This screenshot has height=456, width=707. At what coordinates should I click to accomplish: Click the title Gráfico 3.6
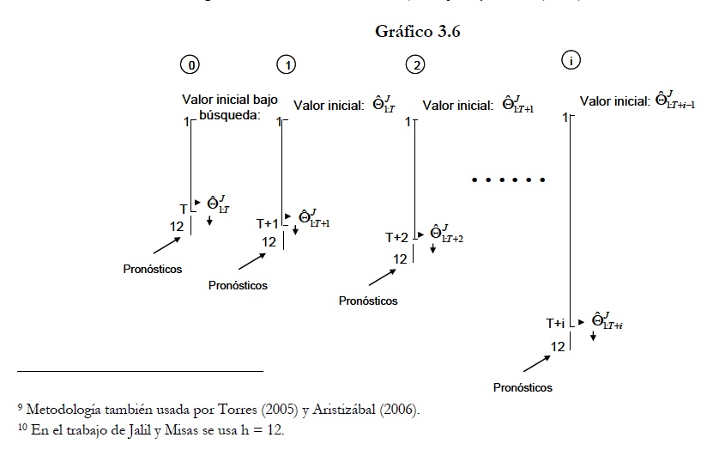coord(420,32)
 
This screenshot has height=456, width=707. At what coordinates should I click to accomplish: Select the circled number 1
coord(286,64)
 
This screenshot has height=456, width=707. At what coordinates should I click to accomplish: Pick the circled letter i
coord(571,60)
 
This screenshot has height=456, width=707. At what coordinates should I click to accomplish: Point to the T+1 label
coord(268,223)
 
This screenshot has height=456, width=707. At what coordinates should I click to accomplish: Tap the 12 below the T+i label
coord(558,346)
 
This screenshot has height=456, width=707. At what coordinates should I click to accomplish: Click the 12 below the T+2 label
coord(400,258)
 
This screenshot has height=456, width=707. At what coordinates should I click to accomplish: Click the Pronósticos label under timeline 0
coord(154,269)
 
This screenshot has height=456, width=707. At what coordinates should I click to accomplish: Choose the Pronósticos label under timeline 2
coord(368,301)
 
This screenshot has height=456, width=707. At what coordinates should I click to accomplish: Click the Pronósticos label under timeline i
coord(523,387)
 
